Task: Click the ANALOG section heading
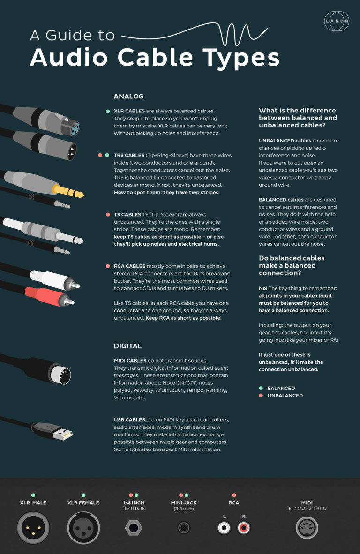(x=128, y=97)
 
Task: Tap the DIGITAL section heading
(x=127, y=346)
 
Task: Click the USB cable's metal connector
(x=63, y=434)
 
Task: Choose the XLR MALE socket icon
(x=33, y=528)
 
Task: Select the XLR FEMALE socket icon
(x=83, y=528)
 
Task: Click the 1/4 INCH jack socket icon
(x=134, y=528)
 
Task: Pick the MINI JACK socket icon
(x=184, y=528)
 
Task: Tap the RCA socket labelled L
(x=225, y=528)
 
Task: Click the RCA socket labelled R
(x=243, y=528)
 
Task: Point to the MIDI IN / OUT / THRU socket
(x=307, y=528)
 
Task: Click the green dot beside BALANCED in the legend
(x=261, y=388)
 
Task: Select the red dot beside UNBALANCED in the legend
(x=261, y=396)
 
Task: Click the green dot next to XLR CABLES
(x=107, y=111)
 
